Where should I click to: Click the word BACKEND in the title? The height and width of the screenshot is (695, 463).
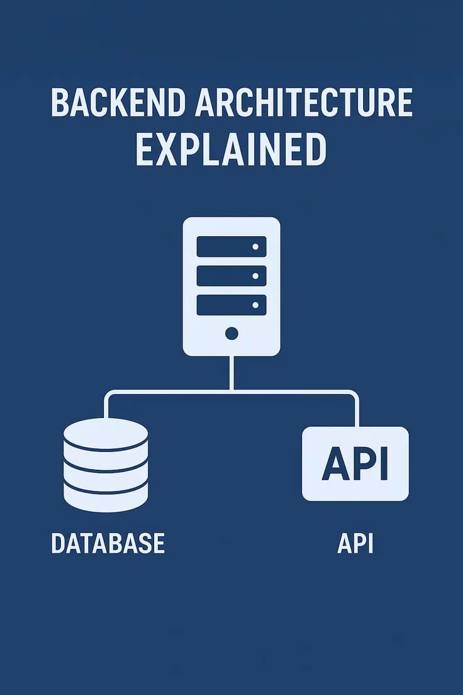click(x=119, y=103)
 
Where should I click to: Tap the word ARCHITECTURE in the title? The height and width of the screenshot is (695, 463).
click(x=304, y=103)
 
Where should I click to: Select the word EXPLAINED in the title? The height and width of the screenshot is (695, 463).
click(x=231, y=149)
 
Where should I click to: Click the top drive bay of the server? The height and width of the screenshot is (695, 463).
click(x=231, y=246)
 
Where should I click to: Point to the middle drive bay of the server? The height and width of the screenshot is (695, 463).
click(x=231, y=276)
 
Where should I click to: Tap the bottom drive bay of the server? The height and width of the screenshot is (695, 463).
click(x=231, y=305)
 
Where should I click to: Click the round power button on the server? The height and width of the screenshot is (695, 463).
click(x=231, y=333)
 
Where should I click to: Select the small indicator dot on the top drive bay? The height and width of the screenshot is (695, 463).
click(x=255, y=247)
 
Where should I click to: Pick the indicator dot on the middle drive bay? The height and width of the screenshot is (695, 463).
click(x=255, y=276)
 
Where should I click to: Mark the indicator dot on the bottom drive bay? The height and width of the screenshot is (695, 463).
click(x=255, y=305)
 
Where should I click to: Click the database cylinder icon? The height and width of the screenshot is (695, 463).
click(x=106, y=465)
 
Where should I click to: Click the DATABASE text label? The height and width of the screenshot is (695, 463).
click(x=108, y=543)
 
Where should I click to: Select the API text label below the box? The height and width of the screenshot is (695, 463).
click(x=355, y=543)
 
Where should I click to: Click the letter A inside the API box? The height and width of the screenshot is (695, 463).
click(x=335, y=464)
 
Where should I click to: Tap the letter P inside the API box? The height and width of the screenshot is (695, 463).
click(x=363, y=464)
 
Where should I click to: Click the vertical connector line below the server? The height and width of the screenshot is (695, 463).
click(x=231, y=373)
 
